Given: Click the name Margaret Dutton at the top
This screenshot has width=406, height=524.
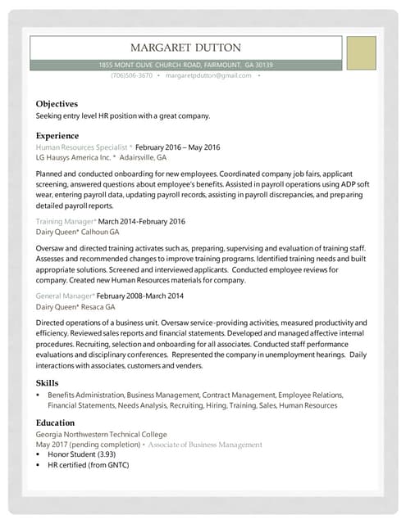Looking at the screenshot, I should [185, 47].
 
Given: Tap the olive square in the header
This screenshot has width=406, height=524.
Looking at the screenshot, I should [360, 52].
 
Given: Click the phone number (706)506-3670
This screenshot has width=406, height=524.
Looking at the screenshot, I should [131, 75].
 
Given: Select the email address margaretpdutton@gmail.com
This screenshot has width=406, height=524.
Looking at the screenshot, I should [208, 75].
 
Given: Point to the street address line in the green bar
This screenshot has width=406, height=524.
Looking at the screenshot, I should [185, 65].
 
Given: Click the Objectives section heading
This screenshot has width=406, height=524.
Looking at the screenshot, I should [57, 104].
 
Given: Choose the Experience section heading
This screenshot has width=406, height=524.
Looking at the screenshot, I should [57, 135].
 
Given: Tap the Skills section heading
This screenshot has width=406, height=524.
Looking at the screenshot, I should [47, 383].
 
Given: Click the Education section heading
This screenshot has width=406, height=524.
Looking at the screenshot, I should [57, 423].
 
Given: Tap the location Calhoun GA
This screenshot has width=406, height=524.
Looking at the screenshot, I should [99, 232].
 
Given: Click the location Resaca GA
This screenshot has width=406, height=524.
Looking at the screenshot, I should [98, 305].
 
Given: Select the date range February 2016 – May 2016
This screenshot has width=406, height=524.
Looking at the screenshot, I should [178, 147].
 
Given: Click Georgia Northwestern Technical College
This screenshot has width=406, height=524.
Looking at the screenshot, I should [102, 434].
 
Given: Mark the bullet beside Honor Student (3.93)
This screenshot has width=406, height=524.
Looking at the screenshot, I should [39, 454].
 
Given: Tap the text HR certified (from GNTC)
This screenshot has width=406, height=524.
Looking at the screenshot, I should [89, 465].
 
